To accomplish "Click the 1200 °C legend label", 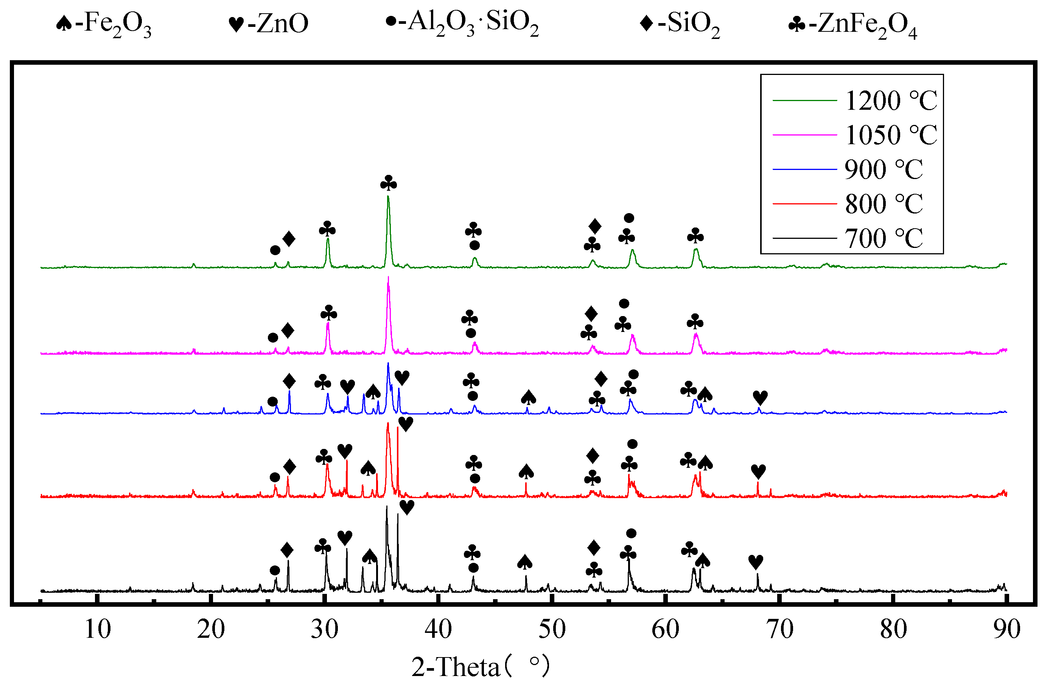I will (x=890, y=101).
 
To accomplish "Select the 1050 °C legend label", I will (x=890, y=135).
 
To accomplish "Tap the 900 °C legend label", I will (x=883, y=170).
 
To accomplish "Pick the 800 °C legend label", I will (x=883, y=204).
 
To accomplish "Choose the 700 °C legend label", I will (x=883, y=238).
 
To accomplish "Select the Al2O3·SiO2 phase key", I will (x=462, y=23).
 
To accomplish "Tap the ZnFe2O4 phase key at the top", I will (x=852, y=25).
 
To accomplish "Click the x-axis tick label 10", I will (x=98, y=629).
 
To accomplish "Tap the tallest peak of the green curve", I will (x=388, y=197).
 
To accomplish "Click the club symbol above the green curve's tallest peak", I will (x=389, y=183).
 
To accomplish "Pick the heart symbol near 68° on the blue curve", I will (x=760, y=397).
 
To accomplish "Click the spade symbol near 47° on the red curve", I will (x=526, y=472).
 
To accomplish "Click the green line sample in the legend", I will (x=804, y=101).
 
